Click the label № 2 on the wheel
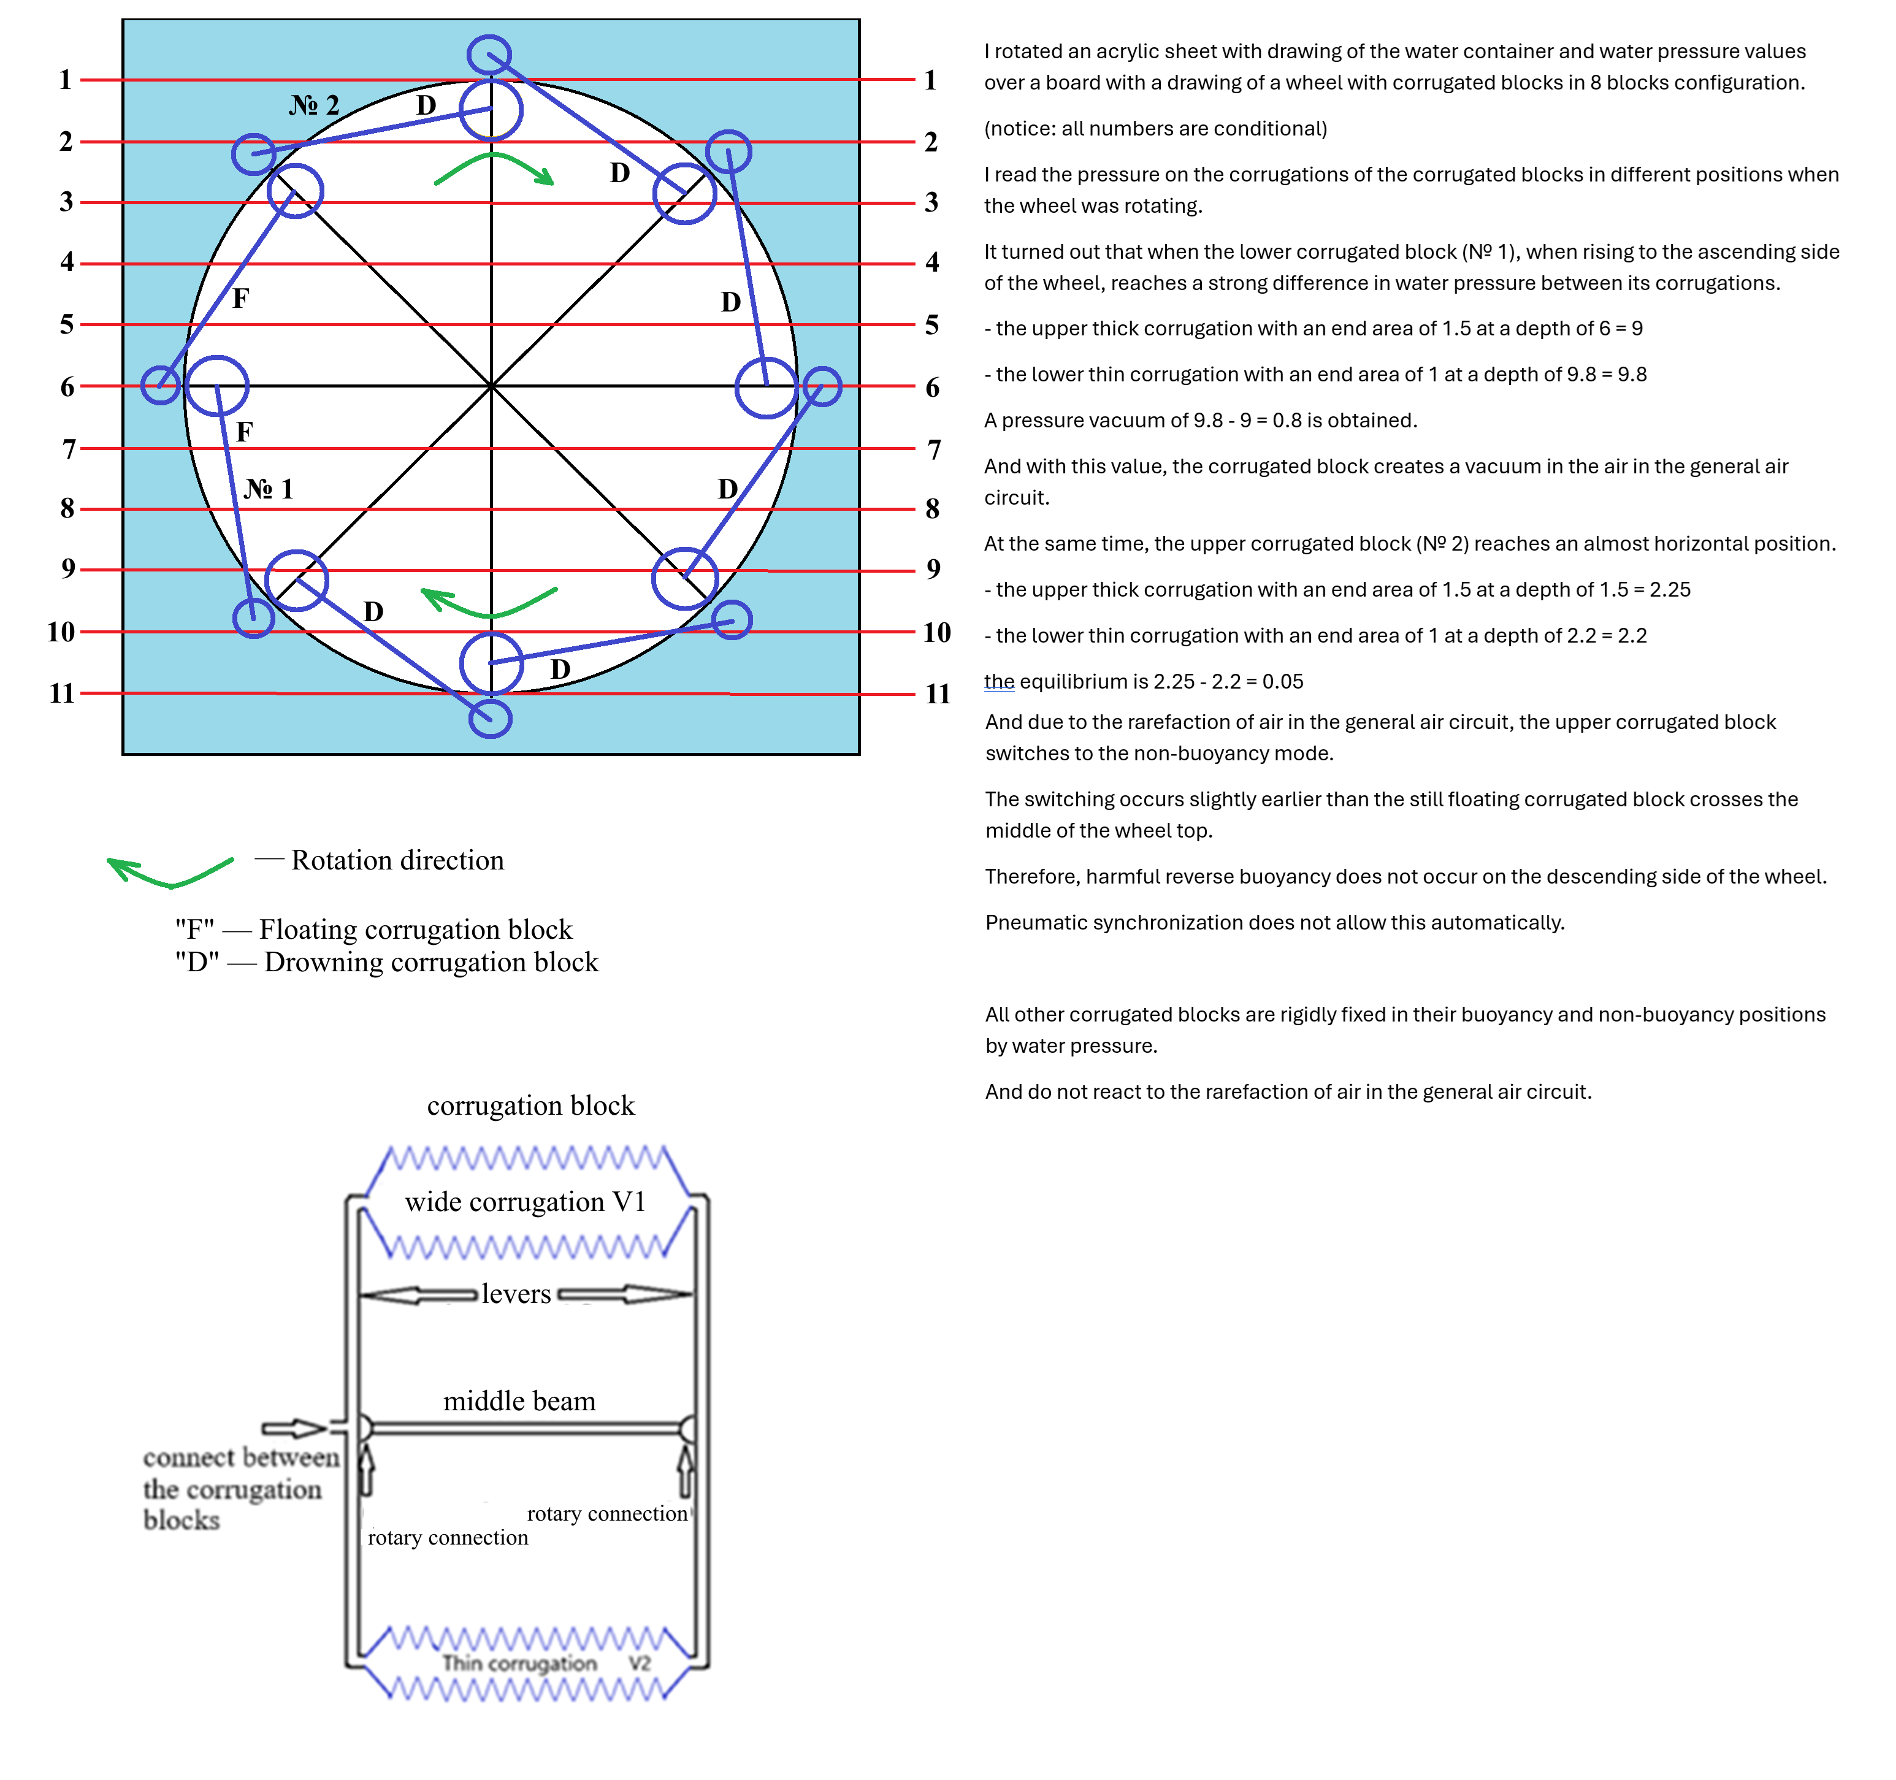pos(314,105)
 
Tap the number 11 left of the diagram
pos(62,693)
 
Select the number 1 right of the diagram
pos(930,80)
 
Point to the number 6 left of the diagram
pos(67,388)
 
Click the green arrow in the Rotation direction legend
pos(170,871)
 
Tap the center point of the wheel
pos(491,386)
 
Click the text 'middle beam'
pos(519,1401)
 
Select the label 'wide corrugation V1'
pos(526,1202)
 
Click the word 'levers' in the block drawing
pos(516,1294)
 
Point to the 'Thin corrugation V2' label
pos(546,1663)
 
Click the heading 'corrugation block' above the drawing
pos(530,1106)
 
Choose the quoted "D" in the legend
pos(196,963)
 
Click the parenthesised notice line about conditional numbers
pos(1155,129)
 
